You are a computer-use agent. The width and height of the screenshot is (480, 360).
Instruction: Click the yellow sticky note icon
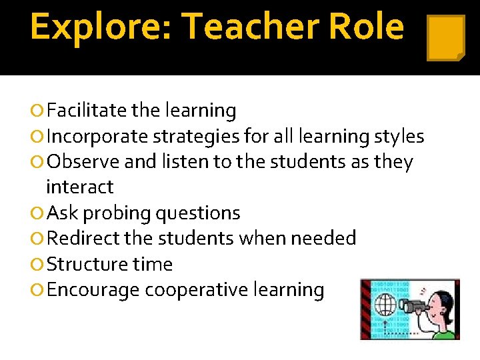click(x=445, y=38)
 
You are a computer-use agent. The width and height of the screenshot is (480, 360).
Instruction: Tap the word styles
click(x=399, y=137)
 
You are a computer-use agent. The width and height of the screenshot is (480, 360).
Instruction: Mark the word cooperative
click(x=204, y=290)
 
